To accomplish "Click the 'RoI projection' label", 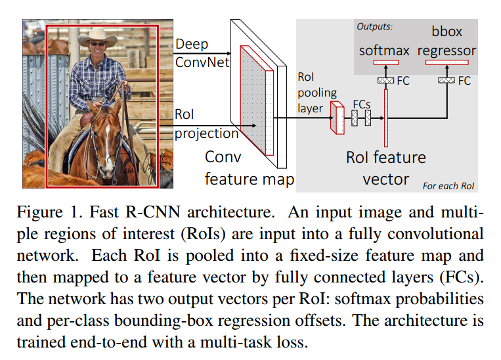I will pos(206,124).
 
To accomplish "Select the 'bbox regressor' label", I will pos(447,41).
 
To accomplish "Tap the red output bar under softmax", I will pos(385,62).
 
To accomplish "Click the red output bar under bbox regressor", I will pos(447,62).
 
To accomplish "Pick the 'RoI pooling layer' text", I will pos(317,92).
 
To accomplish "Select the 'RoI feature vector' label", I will pos(386,168).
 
